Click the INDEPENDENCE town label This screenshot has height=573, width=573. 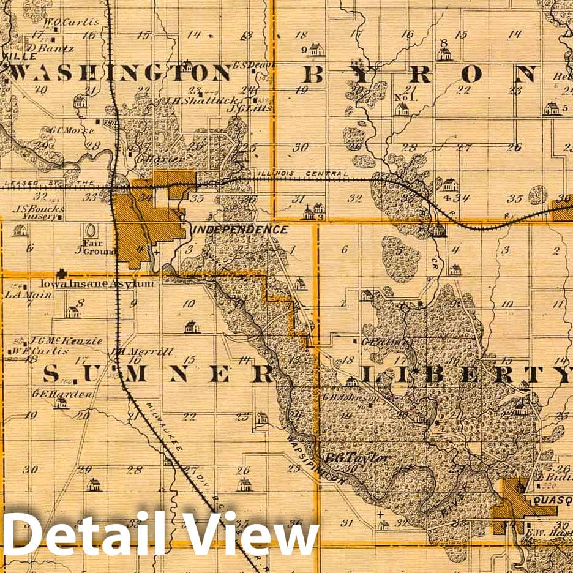click(241, 230)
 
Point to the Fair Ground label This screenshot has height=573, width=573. click(92, 247)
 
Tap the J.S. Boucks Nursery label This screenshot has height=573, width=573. click(39, 212)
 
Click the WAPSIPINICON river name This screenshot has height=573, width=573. click(318, 460)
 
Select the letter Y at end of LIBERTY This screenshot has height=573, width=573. click(561, 373)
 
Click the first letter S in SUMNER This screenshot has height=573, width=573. click(53, 373)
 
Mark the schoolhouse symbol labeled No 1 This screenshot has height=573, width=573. click(402, 109)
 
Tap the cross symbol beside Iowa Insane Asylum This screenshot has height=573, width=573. click(62, 274)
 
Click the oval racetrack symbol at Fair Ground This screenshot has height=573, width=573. click(91, 231)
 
